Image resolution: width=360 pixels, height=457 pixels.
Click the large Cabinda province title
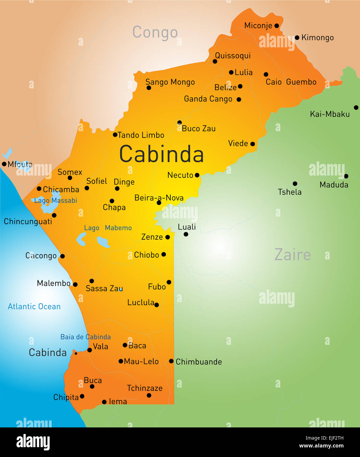pos(161,154)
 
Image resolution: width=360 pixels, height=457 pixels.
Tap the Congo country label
pos(155,32)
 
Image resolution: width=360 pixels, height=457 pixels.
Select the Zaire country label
pos(292,255)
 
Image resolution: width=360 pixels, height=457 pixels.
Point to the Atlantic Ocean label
pos(34,306)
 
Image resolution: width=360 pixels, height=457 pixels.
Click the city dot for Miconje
pos(276,26)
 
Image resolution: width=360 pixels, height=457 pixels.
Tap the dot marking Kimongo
pos(297,38)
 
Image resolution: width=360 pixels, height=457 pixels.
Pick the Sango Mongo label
pos(170,82)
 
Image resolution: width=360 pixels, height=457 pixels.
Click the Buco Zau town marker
pos(180,123)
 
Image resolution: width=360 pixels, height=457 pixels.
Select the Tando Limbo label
pos(141,135)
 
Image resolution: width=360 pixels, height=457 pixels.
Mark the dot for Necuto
pos(197,175)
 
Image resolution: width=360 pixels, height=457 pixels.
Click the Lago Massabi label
pos(56,201)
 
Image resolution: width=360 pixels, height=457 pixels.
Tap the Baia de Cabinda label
pos(85,337)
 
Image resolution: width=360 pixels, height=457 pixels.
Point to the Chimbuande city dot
pos(171,361)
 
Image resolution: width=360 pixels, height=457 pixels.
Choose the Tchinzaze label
pos(145,388)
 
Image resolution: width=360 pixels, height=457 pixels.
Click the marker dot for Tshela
pos(295,184)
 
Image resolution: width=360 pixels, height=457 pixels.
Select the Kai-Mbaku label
pos(330,114)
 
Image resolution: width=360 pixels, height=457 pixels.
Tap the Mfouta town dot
pos(4,164)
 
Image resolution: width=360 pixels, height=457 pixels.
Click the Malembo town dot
pos(75,284)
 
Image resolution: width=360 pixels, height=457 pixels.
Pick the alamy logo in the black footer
pos(33,442)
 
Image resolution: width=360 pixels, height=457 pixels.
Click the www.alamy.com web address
pos(321,446)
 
